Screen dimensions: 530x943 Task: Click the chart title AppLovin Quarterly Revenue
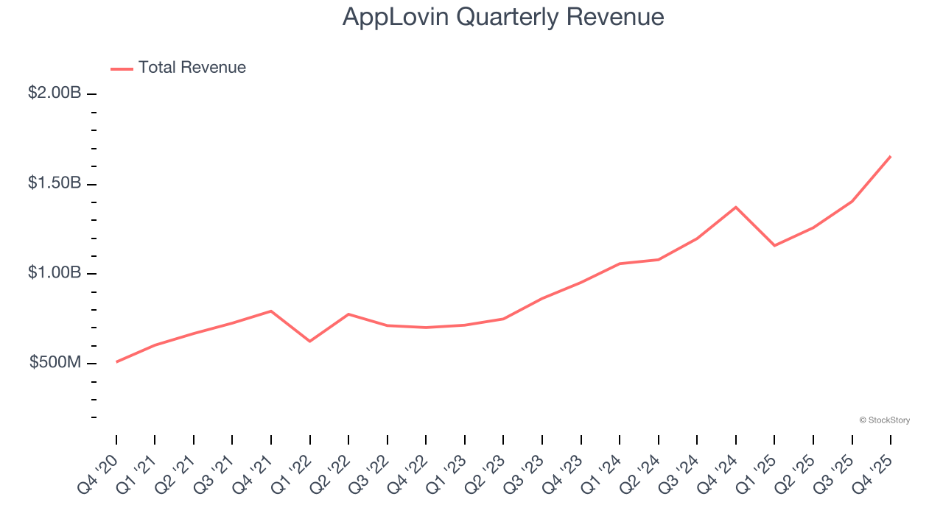(503, 17)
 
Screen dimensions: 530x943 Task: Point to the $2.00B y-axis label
(55, 93)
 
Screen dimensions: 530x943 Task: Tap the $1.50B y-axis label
(55, 183)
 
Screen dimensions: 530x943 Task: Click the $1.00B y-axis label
(55, 273)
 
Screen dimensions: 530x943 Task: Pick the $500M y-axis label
(55, 363)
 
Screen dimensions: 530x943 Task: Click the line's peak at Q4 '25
(891, 156)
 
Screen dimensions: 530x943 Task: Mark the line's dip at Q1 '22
(309, 341)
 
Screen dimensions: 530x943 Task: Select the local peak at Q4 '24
(736, 207)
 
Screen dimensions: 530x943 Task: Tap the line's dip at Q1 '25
(774, 245)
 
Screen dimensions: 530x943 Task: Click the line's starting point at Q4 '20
(116, 361)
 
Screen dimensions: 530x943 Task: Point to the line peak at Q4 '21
(271, 311)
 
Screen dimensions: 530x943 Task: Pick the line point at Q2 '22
(348, 314)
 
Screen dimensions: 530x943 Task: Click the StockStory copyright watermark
(884, 420)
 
